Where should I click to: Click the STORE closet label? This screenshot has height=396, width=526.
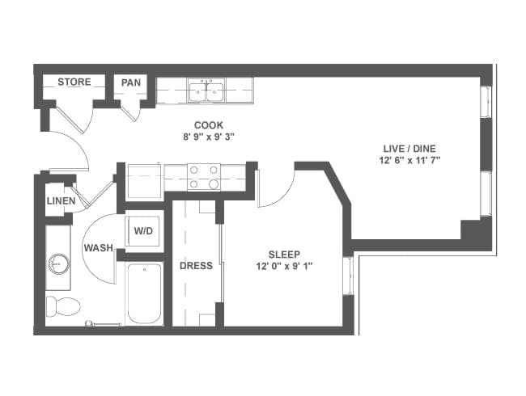point(74,82)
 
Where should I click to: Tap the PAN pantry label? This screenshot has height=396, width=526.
point(131,82)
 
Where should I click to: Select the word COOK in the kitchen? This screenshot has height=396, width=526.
point(209,125)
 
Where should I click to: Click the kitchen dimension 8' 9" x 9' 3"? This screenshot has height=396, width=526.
point(209,137)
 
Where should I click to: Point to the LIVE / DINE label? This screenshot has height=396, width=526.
point(409,149)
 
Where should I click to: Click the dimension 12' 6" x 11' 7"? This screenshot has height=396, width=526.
point(409,161)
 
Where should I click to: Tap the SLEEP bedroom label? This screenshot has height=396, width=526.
point(284,255)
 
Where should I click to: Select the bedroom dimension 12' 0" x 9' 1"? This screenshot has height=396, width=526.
point(285,267)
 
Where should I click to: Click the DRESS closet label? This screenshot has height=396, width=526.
point(197,266)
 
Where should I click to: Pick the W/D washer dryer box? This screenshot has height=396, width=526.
point(143,231)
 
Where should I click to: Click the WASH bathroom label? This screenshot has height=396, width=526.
point(98,248)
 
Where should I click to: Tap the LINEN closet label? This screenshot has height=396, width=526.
point(61,201)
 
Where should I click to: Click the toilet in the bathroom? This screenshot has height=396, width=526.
point(63,306)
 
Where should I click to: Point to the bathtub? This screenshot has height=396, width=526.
point(145,294)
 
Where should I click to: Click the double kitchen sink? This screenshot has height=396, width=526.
point(206,91)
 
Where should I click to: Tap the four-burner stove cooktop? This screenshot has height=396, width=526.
point(204,177)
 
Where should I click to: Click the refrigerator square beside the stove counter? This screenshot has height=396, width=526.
point(145,182)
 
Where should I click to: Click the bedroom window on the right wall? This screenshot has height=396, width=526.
point(348,276)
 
